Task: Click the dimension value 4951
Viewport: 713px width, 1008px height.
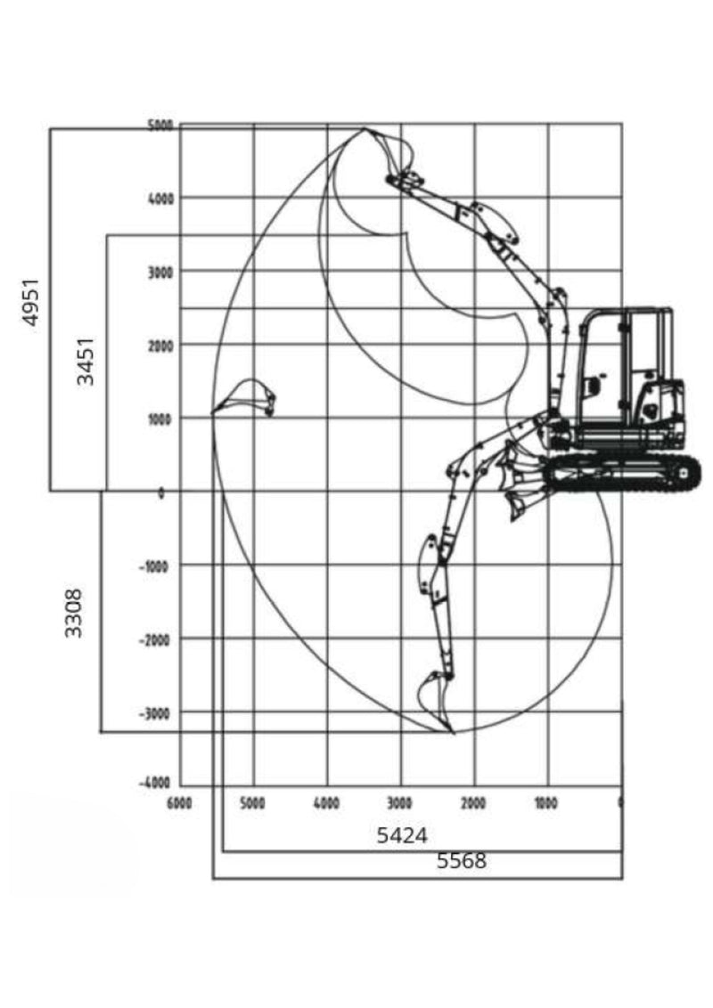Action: coord(31,302)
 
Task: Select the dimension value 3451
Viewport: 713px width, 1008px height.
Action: coord(86,362)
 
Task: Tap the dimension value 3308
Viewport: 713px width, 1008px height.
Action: coord(74,614)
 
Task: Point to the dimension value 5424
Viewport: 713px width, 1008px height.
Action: coord(402,836)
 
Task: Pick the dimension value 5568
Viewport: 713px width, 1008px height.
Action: coord(462,861)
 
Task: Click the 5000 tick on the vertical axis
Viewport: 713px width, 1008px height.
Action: coord(160,126)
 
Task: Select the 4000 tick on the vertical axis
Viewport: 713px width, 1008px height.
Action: coord(161,199)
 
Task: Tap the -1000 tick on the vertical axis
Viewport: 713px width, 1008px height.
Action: coord(154,567)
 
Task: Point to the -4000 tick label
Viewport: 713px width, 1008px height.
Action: coord(154,783)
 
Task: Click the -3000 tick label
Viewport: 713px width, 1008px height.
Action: coord(154,713)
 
